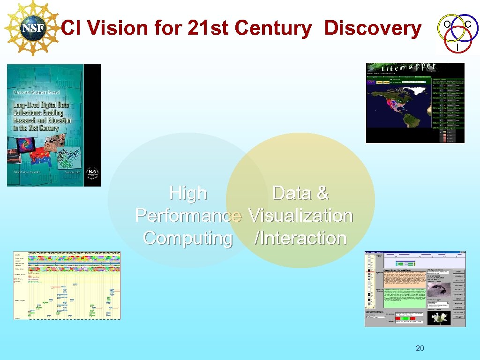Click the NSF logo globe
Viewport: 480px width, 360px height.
click(33, 29)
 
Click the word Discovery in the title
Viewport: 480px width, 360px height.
click(373, 28)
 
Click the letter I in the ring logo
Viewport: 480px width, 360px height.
click(457, 47)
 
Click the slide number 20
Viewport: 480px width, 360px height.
click(420, 348)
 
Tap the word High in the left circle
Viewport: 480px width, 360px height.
click(188, 193)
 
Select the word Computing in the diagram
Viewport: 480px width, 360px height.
click(188, 238)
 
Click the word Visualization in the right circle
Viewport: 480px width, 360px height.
click(300, 216)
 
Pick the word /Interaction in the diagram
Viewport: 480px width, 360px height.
click(300, 238)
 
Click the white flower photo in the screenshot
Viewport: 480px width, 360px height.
click(439, 318)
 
